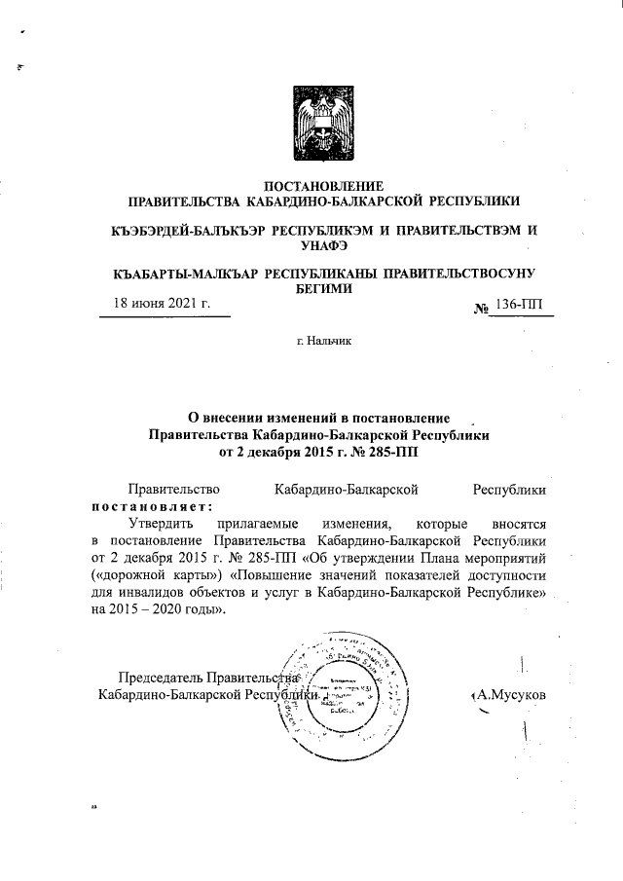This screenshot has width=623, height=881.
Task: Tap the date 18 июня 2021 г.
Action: click(162, 304)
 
